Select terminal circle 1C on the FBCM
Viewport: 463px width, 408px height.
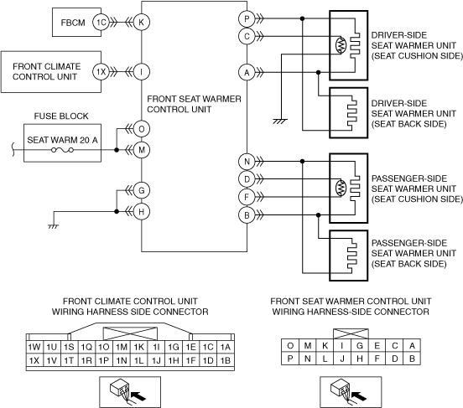click(101, 23)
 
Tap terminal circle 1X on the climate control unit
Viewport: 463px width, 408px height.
click(101, 72)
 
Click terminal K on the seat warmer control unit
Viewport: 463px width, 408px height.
click(142, 22)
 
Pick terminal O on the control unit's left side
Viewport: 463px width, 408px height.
click(142, 129)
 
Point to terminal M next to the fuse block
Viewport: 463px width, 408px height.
click(142, 150)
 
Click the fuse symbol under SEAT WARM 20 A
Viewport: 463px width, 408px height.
click(62, 150)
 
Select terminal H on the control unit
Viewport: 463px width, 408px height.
click(142, 211)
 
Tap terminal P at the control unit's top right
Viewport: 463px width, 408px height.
click(247, 19)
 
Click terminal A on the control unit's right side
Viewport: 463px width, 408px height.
click(247, 72)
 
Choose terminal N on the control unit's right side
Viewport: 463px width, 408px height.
click(247, 162)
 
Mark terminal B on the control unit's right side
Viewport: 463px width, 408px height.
click(247, 215)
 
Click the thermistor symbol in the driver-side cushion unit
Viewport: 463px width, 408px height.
click(341, 45)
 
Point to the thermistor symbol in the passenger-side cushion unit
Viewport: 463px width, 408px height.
click(341, 188)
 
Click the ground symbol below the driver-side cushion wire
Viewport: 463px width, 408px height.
click(280, 121)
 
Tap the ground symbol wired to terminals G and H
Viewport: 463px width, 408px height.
click(53, 226)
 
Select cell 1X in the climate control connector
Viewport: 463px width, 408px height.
click(34, 360)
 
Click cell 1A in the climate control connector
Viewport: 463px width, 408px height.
click(226, 347)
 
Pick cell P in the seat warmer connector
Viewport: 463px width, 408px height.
click(290, 359)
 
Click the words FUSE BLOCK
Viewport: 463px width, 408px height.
click(61, 116)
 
